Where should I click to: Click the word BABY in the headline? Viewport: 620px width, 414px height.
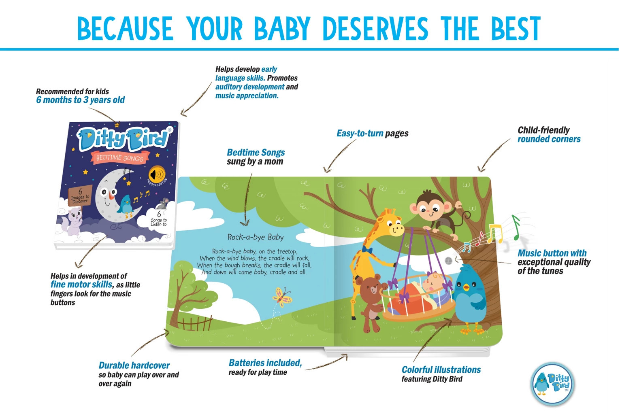[282, 28]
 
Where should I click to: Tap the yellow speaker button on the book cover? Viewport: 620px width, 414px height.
[157, 174]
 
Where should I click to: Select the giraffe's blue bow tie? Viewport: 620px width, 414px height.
[367, 250]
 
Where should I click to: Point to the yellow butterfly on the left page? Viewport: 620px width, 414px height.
[282, 297]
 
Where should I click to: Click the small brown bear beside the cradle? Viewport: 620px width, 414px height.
[370, 303]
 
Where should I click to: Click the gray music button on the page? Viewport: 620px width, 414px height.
[448, 260]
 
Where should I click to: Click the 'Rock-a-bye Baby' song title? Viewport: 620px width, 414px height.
[256, 237]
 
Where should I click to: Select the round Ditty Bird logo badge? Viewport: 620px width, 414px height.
[552, 384]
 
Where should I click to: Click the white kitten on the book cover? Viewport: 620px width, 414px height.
[72, 221]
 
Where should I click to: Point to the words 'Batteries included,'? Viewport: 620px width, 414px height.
[265, 363]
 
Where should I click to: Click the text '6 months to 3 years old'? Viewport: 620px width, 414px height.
[80, 100]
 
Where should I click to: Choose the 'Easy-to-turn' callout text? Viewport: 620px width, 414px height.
[360, 133]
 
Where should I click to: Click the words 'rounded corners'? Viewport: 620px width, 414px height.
[549, 139]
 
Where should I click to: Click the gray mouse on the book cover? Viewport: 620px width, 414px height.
[163, 204]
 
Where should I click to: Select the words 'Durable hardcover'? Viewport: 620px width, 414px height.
[134, 365]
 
